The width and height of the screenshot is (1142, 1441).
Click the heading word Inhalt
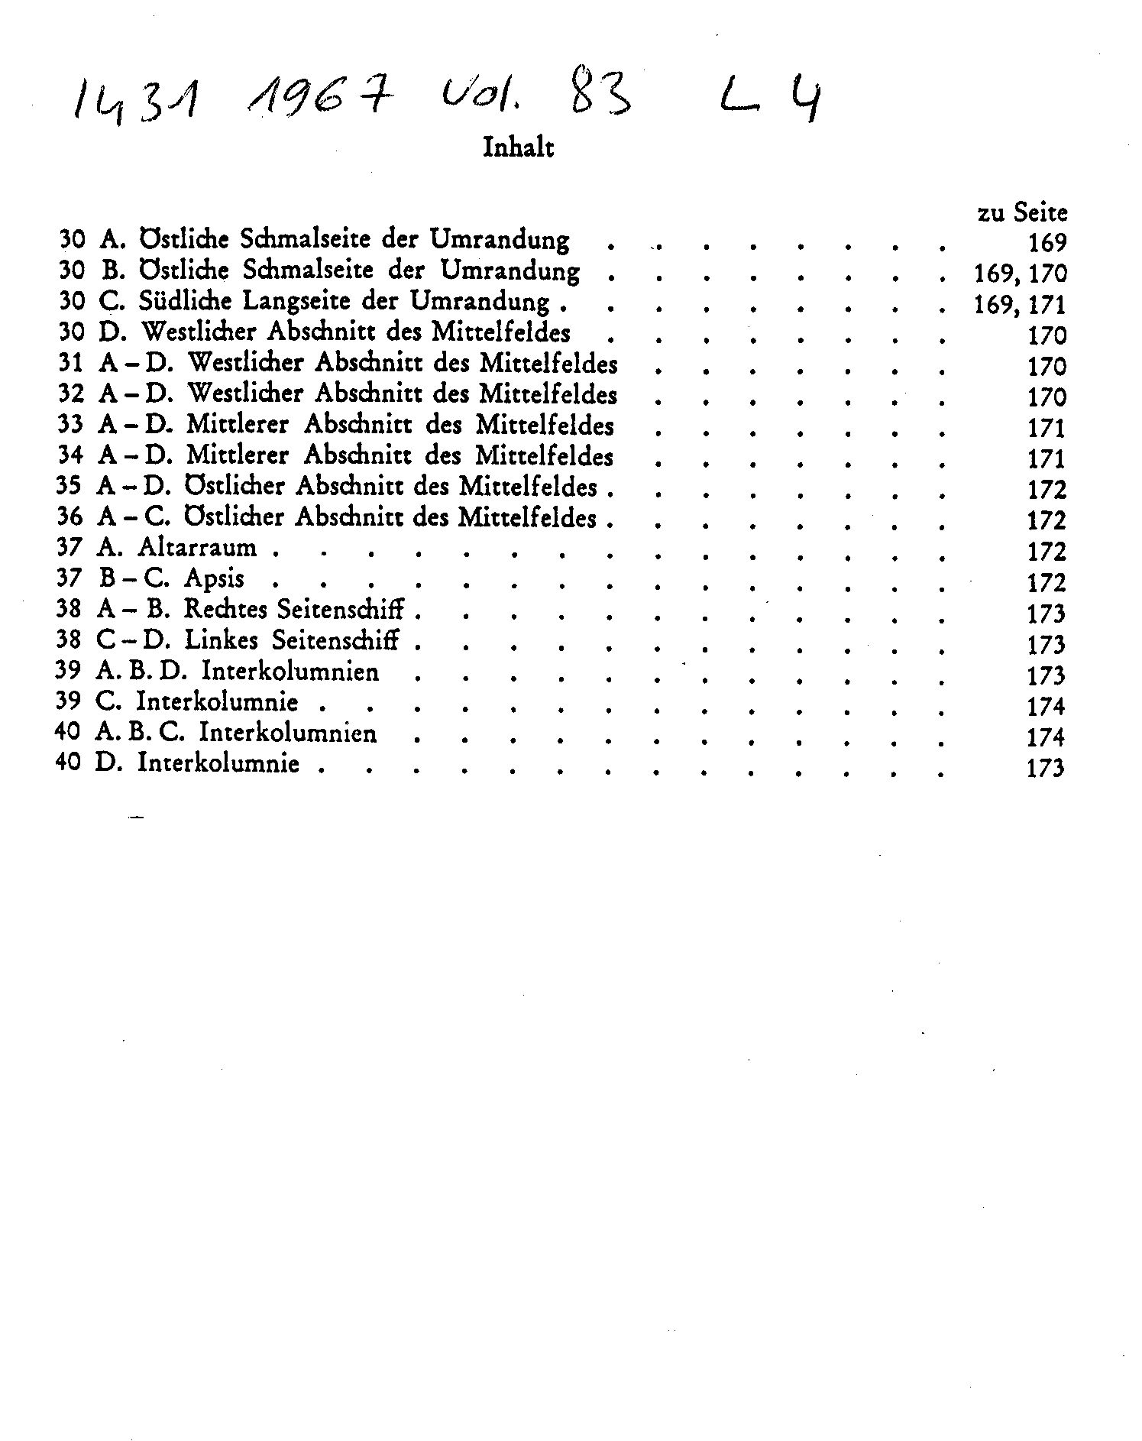coord(518,147)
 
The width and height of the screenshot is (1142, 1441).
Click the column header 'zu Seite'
coord(1021,212)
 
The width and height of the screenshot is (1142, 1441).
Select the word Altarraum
coord(197,548)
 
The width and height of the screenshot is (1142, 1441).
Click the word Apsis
coord(214,578)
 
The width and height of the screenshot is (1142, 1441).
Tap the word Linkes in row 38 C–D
coord(222,640)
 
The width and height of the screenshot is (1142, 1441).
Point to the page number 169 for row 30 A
coord(1047,243)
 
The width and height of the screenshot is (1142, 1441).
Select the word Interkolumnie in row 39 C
coord(218,701)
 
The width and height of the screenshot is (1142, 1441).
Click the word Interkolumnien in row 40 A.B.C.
coord(288,733)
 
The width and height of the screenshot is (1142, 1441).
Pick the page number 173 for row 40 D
coord(1045,767)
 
